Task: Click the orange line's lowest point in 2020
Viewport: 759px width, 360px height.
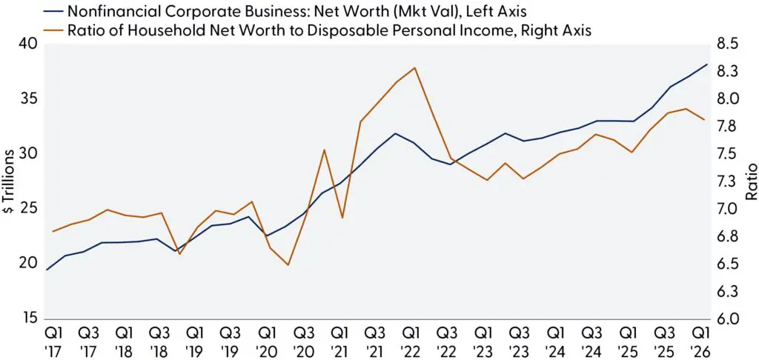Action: point(288,264)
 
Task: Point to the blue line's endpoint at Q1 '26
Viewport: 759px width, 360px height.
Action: point(707,64)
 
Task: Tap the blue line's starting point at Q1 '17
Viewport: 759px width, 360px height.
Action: point(47,270)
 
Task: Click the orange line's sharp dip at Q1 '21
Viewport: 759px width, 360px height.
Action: point(342,218)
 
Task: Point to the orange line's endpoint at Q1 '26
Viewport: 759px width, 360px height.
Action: point(704,119)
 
